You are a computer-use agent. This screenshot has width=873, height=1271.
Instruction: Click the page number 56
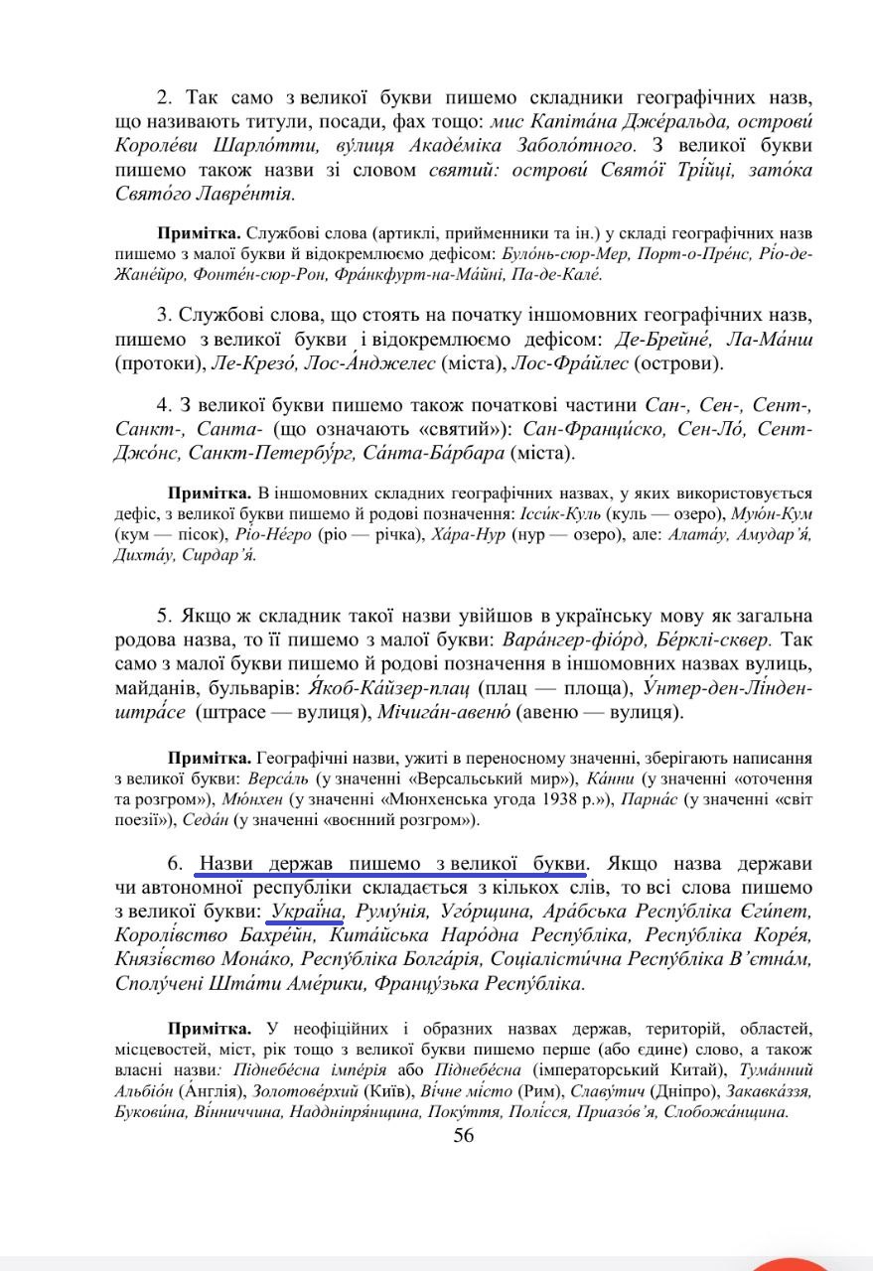(x=463, y=1136)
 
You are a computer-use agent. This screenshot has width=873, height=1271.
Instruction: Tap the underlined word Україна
(x=304, y=911)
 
